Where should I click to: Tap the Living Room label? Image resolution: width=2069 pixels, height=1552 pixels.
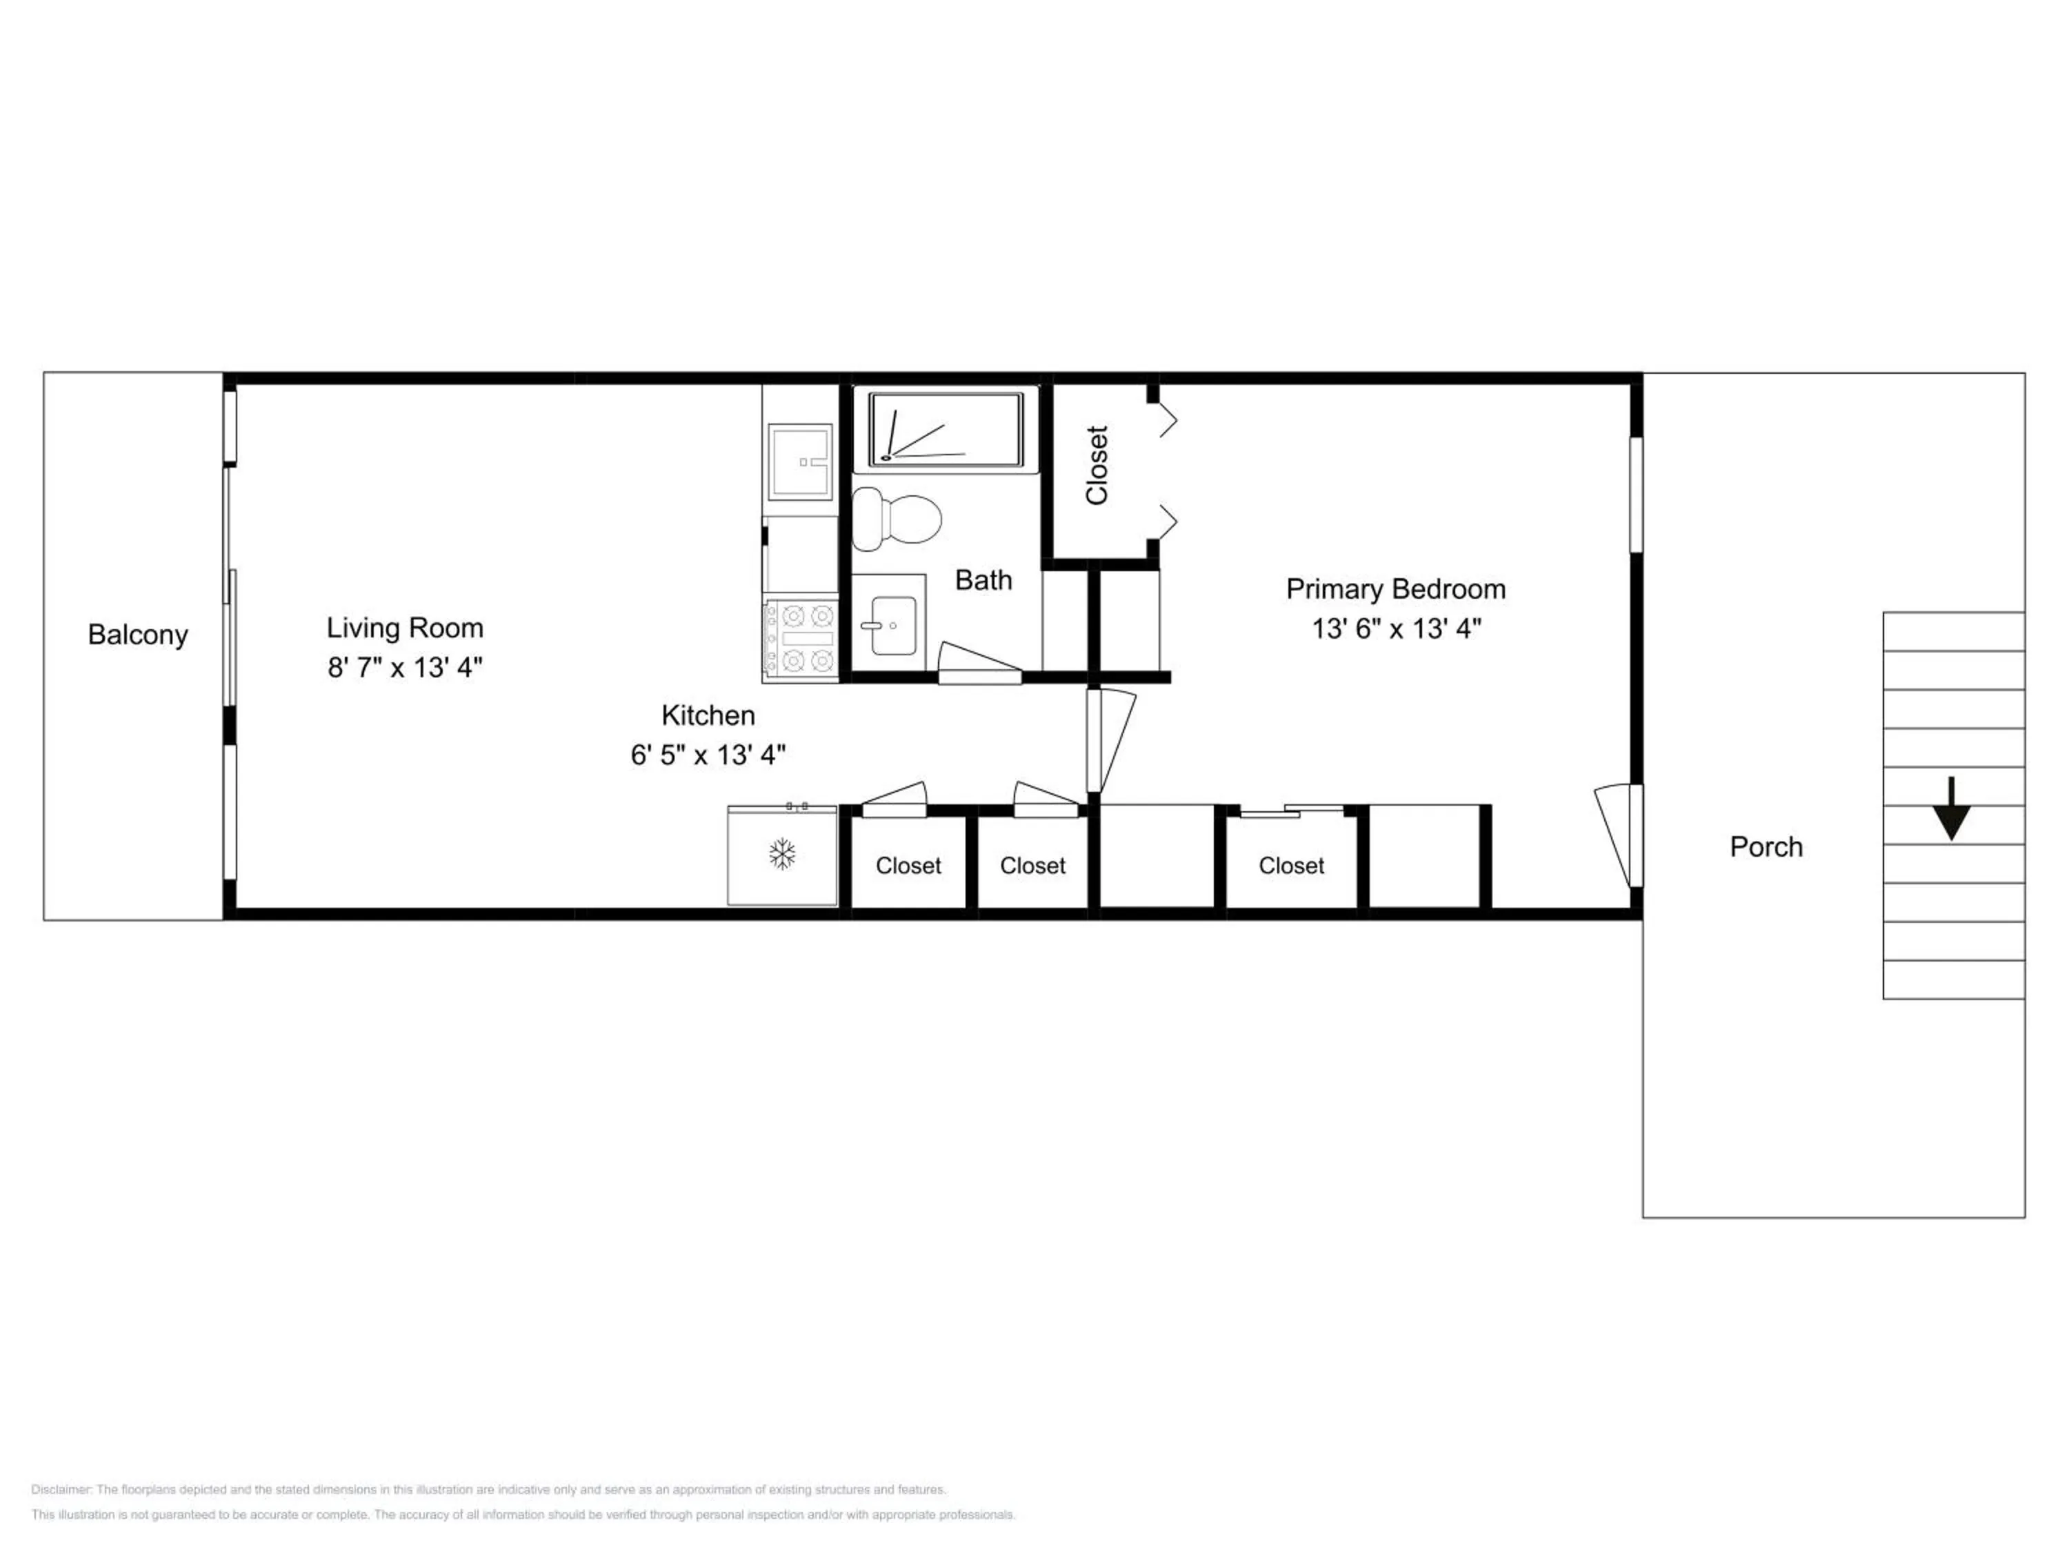(405, 628)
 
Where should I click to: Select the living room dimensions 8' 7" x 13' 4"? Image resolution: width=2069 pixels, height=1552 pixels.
(405, 667)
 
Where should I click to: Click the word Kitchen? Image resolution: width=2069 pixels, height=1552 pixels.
(708, 716)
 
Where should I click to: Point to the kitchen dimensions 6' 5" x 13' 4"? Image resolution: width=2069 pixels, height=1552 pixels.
(708, 755)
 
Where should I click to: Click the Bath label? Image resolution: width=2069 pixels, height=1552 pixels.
(983, 580)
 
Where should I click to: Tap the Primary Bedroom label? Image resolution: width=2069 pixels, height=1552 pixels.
(1396, 589)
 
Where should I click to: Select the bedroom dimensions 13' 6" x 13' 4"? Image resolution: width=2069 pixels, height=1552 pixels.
(1397, 628)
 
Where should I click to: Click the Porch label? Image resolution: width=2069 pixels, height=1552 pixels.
(1766, 846)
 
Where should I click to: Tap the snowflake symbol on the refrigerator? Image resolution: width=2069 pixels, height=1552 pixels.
(782, 853)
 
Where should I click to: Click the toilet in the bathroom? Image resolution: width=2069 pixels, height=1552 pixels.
(896, 518)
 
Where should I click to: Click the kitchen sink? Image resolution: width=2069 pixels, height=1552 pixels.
(800, 462)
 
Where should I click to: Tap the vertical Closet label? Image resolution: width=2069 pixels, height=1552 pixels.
(1097, 465)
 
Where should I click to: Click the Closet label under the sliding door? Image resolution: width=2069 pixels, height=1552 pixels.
(1291, 866)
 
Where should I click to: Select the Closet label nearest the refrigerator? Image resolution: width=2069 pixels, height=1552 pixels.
(908, 866)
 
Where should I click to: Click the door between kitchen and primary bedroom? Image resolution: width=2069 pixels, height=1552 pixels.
(1110, 741)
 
